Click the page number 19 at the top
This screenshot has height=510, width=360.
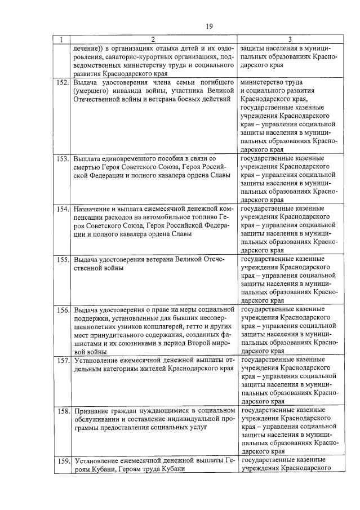(209, 26)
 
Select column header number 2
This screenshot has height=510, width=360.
(152, 40)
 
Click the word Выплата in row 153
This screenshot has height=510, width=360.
(88, 159)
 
